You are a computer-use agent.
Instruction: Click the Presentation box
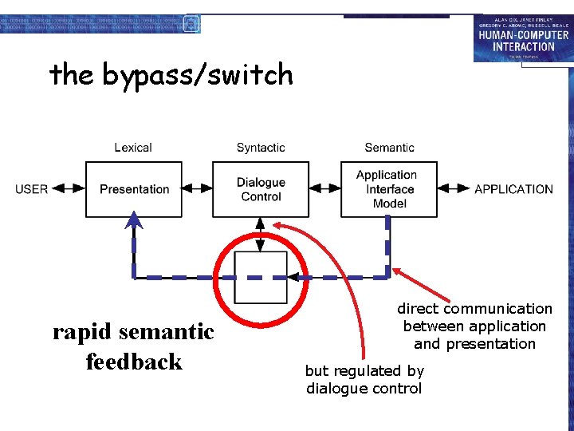click(x=134, y=189)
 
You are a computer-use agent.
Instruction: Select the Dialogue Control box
click(x=261, y=189)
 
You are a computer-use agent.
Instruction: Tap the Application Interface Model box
click(x=388, y=189)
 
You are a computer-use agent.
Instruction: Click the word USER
click(x=31, y=189)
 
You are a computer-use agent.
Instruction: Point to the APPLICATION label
click(x=513, y=189)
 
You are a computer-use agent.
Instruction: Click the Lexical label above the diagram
click(x=133, y=148)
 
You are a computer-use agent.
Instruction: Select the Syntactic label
click(x=261, y=148)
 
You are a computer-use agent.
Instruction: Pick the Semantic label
click(x=389, y=148)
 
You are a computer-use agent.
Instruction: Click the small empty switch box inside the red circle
click(x=261, y=277)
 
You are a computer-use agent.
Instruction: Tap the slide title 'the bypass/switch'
click(x=171, y=75)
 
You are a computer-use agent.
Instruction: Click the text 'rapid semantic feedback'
click(x=134, y=346)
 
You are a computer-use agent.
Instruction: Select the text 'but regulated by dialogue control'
click(x=364, y=379)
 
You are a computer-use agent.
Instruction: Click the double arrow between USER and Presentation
click(x=68, y=189)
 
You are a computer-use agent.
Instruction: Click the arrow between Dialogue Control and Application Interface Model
click(x=324, y=189)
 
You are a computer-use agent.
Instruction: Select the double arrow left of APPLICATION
click(x=454, y=189)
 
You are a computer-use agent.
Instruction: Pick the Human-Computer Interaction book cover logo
click(x=522, y=38)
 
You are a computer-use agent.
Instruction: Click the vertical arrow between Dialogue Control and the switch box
click(x=261, y=234)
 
